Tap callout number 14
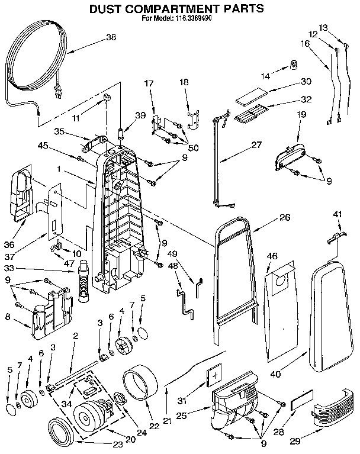pyautogui.click(x=265, y=75)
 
